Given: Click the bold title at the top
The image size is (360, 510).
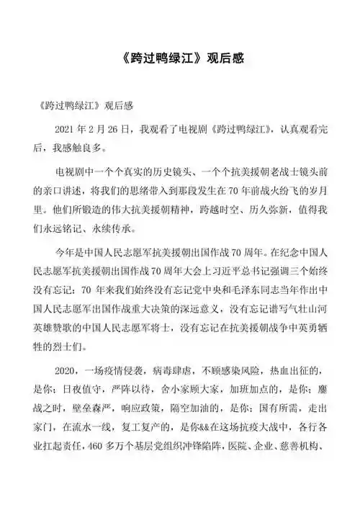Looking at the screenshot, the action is click(179, 58).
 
